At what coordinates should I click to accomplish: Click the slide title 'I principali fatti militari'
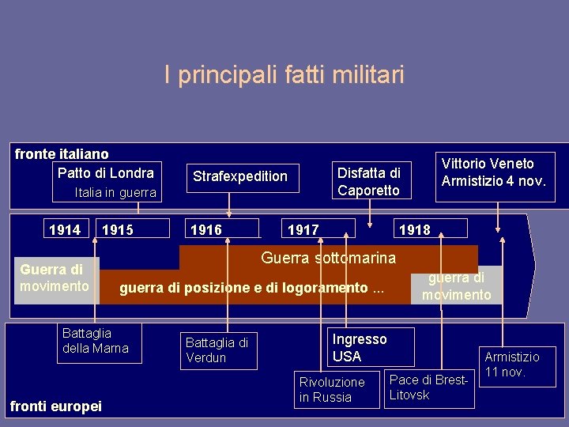tap(284, 75)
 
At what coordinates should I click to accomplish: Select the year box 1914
tap(65, 230)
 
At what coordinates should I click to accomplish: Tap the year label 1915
tap(118, 230)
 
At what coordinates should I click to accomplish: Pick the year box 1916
tap(206, 230)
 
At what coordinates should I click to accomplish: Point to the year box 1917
tap(303, 230)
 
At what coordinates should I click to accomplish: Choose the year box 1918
tap(415, 230)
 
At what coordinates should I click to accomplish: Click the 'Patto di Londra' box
tap(106, 172)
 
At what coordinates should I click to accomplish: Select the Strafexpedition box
tap(240, 176)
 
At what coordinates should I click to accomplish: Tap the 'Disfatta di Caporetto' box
tap(369, 181)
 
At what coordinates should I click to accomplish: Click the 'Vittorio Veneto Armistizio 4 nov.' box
tap(493, 172)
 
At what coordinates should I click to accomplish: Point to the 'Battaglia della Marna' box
tap(96, 341)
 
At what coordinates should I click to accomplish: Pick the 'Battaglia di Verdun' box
tap(217, 350)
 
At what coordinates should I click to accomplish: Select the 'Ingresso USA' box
tap(360, 347)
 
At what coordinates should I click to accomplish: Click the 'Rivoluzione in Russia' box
tap(332, 389)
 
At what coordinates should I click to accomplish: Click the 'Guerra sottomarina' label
tap(328, 258)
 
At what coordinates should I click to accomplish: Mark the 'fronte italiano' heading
tap(62, 154)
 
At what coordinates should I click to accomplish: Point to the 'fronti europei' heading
tap(55, 406)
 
